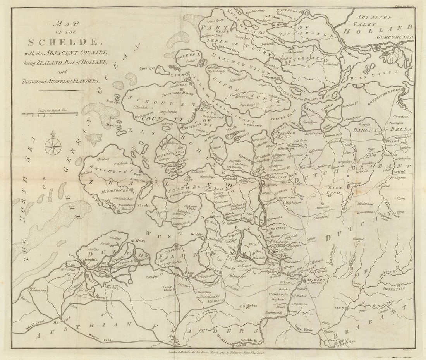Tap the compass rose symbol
coord(53,146)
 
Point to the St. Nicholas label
coord(248,305)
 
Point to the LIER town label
coord(339,308)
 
